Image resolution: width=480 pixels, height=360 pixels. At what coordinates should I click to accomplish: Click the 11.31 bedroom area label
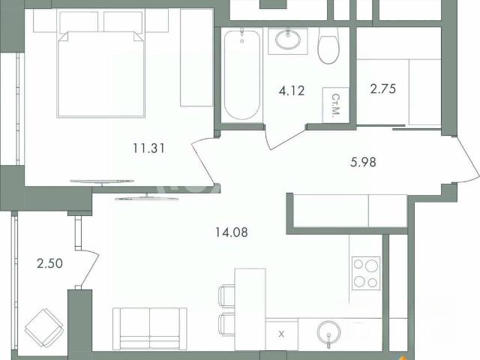[x=148, y=148]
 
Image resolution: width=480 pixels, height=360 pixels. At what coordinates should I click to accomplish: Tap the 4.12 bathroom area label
[x=292, y=91]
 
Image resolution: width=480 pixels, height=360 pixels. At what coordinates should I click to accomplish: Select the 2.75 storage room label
[x=383, y=88]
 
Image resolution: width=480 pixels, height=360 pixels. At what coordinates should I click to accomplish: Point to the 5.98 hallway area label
[x=363, y=162]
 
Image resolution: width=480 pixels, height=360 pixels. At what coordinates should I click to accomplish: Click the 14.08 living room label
[x=232, y=232]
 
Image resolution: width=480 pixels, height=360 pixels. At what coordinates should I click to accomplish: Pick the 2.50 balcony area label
[x=50, y=263]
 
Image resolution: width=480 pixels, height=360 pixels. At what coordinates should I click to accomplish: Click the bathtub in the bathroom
[x=241, y=75]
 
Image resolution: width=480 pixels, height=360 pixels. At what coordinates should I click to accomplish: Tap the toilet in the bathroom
[x=328, y=45]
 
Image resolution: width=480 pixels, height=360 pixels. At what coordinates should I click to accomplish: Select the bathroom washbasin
[x=288, y=40]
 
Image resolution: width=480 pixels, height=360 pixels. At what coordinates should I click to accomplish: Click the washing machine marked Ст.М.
[x=336, y=105]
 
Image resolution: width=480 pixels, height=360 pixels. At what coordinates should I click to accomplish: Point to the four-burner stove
[x=366, y=273]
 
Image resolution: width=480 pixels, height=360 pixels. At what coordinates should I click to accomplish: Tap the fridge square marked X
[x=281, y=334]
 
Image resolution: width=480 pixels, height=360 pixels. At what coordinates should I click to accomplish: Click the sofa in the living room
[x=150, y=328]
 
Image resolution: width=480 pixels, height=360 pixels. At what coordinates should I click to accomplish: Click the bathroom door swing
[x=285, y=136]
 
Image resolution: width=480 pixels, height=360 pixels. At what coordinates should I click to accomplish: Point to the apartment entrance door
[x=466, y=160]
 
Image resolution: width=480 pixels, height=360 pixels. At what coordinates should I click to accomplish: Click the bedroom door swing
[x=202, y=161]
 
